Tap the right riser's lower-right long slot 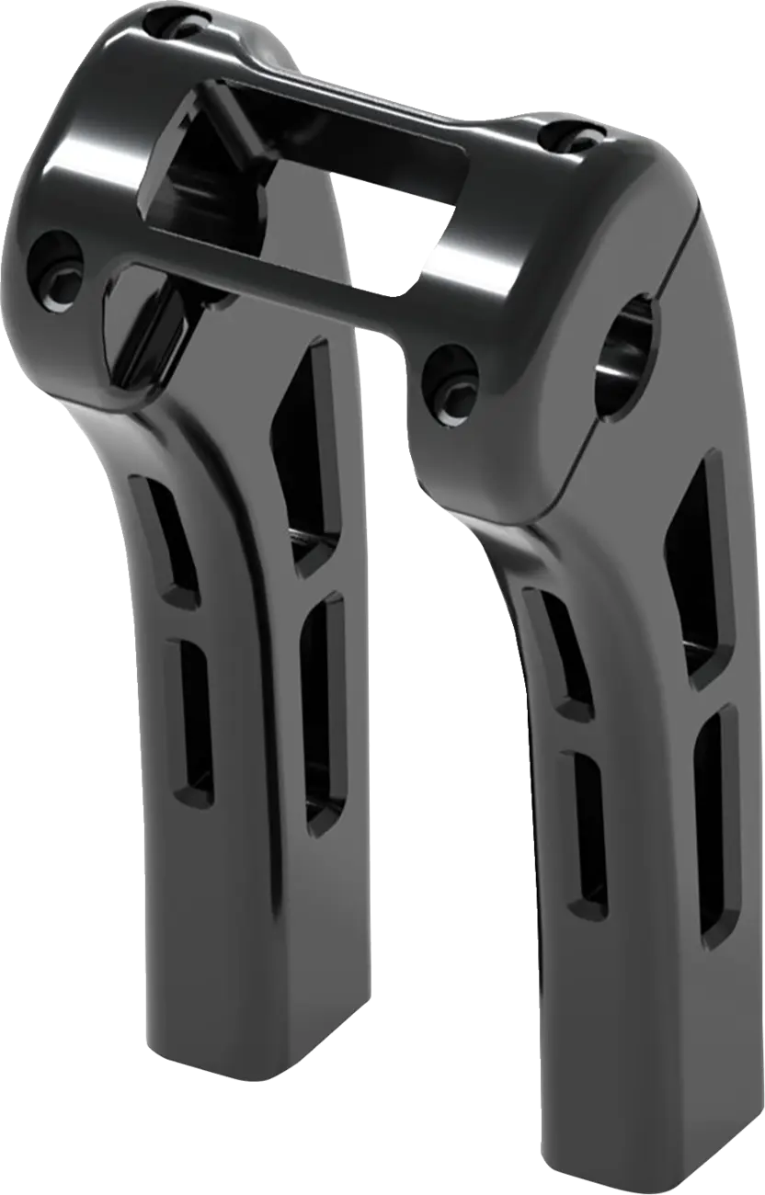coord(718,818)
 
